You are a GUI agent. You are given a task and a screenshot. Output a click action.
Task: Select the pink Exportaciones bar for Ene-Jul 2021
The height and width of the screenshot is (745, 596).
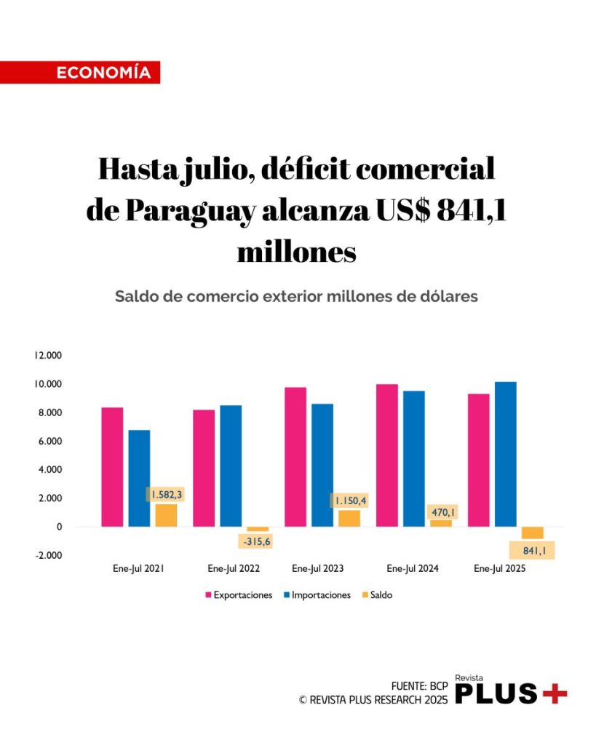coord(112,466)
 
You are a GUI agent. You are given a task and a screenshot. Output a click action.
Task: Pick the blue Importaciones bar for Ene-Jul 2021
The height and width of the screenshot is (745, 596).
coord(139,478)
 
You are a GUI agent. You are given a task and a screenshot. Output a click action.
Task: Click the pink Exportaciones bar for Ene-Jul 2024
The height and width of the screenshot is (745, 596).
coord(386,455)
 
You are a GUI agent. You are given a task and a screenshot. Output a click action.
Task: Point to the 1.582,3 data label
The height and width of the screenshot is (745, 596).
coord(167,495)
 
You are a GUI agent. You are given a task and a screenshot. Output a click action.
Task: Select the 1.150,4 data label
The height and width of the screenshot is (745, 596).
coord(350,501)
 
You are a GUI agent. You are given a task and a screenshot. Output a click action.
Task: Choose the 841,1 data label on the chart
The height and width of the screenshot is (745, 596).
coord(533,550)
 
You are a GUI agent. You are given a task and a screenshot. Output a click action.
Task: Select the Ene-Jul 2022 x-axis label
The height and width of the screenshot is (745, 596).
coord(233,569)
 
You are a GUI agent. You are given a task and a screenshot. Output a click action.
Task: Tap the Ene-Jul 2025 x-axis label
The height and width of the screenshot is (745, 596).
coord(499,569)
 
